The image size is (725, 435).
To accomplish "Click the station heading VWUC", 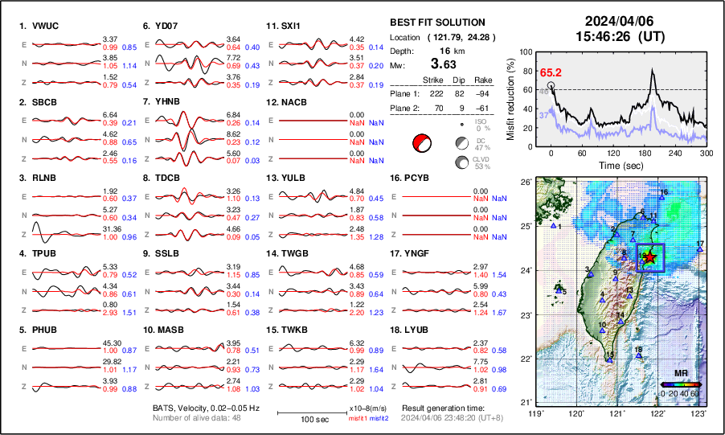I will click(46, 26).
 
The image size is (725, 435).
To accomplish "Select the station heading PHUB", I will click(45, 330).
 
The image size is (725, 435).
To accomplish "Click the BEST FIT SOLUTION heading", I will click(436, 23).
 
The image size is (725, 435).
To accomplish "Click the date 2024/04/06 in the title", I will click(615, 21).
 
